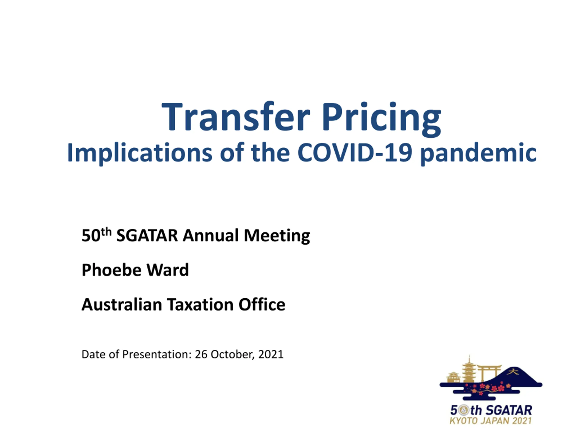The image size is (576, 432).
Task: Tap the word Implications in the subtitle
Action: [139, 153]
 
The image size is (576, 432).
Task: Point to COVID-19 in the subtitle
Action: [355, 153]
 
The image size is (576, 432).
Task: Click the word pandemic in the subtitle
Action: [479, 153]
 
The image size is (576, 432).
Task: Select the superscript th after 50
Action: [106, 232]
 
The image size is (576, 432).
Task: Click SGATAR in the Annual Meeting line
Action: [147, 235]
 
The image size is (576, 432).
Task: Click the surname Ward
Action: [168, 270]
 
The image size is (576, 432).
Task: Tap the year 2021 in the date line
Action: [271, 354]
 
